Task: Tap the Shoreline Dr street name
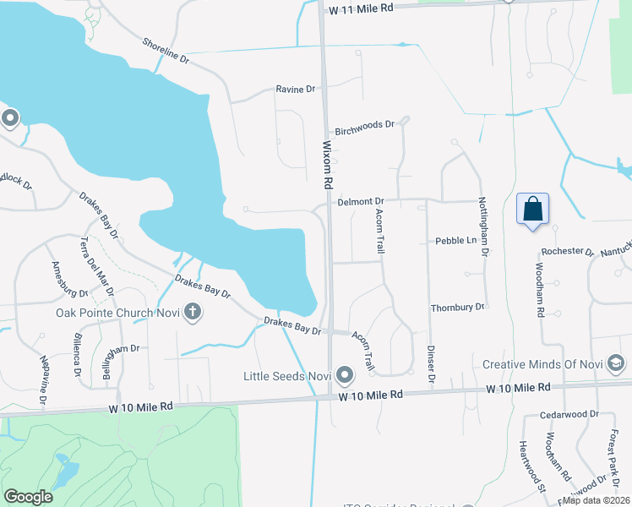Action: pyautogui.click(x=166, y=50)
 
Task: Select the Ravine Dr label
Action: pyautogui.click(x=295, y=89)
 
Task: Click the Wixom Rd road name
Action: pyautogui.click(x=327, y=164)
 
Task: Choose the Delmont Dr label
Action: pyautogui.click(x=361, y=201)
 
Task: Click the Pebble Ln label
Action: pyautogui.click(x=456, y=241)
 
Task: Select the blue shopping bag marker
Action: pyautogui.click(x=533, y=210)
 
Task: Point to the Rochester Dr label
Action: pyautogui.click(x=569, y=251)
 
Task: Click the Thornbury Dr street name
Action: pyautogui.click(x=457, y=308)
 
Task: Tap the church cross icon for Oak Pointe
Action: pyautogui.click(x=193, y=312)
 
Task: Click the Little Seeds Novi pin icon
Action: pyautogui.click(x=344, y=374)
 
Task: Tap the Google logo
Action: pyautogui.click(x=28, y=497)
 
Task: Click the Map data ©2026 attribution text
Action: pyautogui.click(x=596, y=500)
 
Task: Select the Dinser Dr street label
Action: pyautogui.click(x=430, y=366)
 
